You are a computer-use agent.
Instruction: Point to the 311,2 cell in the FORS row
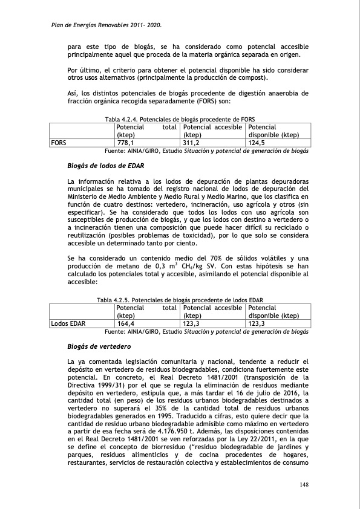[192, 143]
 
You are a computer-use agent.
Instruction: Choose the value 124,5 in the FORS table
[258, 143]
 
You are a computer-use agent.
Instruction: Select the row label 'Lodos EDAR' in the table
[68, 323]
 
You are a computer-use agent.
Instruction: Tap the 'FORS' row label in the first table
[59, 143]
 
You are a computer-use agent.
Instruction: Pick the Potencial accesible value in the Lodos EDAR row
[192, 323]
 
